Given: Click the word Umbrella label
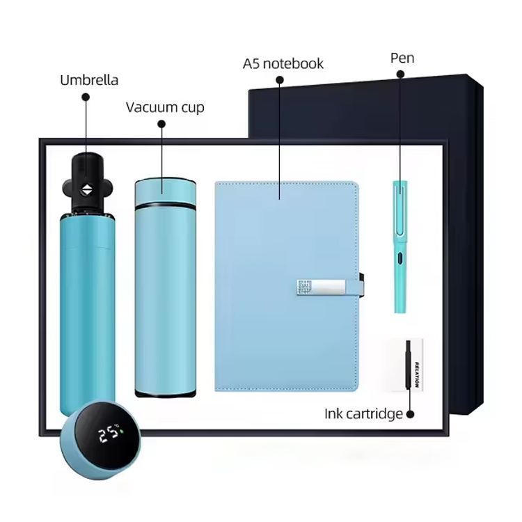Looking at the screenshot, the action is click(x=89, y=80).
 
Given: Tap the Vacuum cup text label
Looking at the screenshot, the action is click(x=165, y=107).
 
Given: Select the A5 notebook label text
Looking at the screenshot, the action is click(x=283, y=63).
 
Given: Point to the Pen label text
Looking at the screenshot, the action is click(x=402, y=58).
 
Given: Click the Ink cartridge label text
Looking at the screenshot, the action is click(x=363, y=414).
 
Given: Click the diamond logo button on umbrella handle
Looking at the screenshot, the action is click(x=87, y=190).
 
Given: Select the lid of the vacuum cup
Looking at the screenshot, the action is click(x=166, y=191).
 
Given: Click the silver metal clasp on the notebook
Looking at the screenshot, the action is click(x=322, y=287).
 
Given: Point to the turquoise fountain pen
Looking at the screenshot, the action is click(x=400, y=246).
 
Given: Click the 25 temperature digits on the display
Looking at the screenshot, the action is click(x=108, y=434).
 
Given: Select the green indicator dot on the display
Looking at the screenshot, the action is click(x=122, y=432).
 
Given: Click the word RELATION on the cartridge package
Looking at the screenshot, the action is click(x=416, y=374).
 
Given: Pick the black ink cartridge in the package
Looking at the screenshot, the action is click(x=408, y=364).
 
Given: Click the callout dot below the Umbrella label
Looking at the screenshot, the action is click(x=86, y=97).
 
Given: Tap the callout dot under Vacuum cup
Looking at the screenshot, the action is click(x=161, y=124).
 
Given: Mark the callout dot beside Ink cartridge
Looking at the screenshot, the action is click(x=411, y=415).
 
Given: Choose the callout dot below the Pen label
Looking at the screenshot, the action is click(x=400, y=74).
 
